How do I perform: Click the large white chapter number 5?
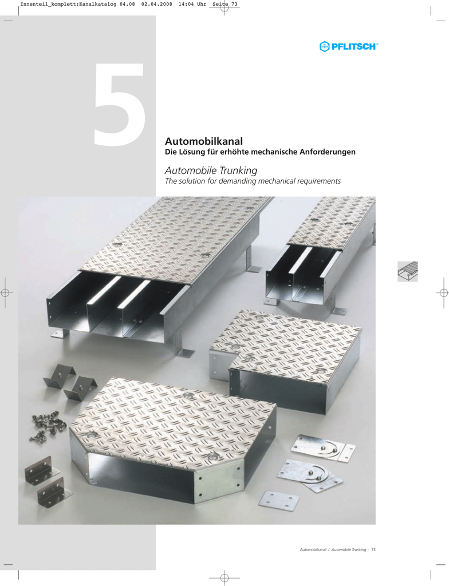coord(119,104)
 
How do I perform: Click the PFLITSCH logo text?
coord(353,47)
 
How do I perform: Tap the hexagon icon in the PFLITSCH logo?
coord(324,47)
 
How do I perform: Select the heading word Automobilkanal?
coord(204,141)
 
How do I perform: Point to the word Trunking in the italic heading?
coord(238,171)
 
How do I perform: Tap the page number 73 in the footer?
coord(373,550)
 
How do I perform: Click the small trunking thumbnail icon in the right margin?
coord(407,271)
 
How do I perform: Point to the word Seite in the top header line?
coord(220,5)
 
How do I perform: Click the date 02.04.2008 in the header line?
coord(157,5)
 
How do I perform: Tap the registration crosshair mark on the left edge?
coord(5,292)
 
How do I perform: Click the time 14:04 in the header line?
coord(186,5)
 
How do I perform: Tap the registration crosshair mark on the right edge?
coord(444,292)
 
